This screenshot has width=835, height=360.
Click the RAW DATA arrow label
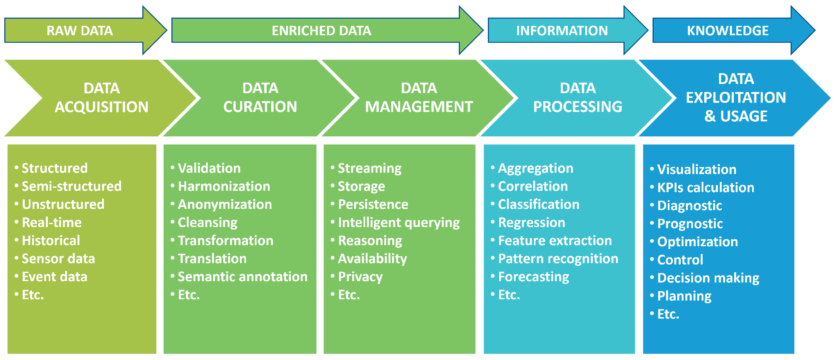coord(79,31)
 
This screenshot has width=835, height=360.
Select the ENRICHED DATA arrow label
coord(321,31)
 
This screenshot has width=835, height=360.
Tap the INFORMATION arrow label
coord(562,31)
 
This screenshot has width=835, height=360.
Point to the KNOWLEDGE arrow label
coord(727,31)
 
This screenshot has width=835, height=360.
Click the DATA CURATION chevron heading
coord(260,97)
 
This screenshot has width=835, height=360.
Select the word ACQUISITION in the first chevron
coord(101,107)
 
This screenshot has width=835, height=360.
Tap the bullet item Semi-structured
coord(71,186)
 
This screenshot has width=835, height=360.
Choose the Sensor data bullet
coord(58,259)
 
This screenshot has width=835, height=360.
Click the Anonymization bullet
coord(225,204)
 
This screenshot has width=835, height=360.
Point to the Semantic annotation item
coord(242,277)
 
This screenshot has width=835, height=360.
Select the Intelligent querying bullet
coord(399,223)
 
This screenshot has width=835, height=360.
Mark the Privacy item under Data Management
coord(360,277)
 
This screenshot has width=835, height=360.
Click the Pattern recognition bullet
coord(558,259)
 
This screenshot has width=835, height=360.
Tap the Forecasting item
coord(534,277)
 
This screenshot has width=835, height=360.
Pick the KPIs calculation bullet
coord(705,188)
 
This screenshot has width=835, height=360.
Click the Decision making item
coord(708,278)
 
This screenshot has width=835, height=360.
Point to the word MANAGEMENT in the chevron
coord(419,107)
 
